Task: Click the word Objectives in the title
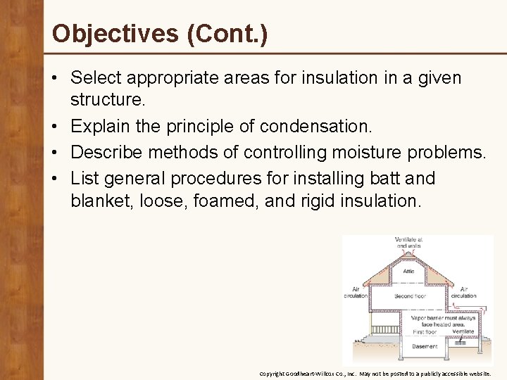115,33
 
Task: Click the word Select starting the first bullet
96,77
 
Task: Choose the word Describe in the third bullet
113,152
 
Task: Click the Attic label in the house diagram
409,272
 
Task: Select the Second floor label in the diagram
410,297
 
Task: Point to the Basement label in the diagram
425,346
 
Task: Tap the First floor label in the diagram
424,331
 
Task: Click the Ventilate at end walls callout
410,243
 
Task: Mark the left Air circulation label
356,293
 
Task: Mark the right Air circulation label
463,293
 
